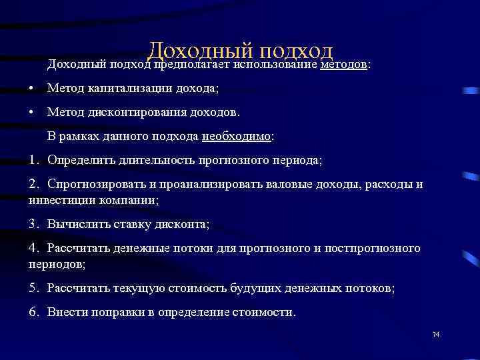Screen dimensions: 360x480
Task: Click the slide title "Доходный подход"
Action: (240, 51)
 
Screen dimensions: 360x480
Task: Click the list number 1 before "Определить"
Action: (34, 160)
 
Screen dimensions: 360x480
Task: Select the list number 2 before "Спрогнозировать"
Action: (34, 185)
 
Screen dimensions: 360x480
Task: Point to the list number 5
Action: (34, 288)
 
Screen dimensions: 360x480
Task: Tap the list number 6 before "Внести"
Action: (34, 312)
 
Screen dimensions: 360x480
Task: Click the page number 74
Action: (437, 333)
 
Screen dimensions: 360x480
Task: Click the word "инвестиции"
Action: (62, 199)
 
